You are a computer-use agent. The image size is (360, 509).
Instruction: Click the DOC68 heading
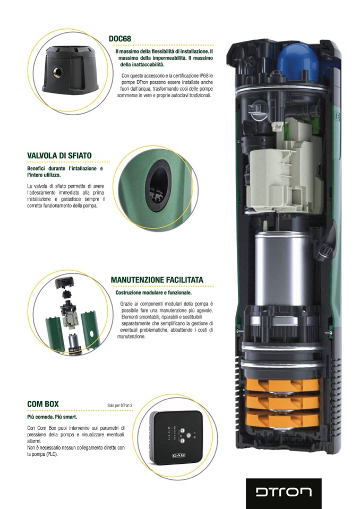click(120, 39)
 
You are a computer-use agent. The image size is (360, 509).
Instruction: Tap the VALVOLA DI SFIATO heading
click(59, 156)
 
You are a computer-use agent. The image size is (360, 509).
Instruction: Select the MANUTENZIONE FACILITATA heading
click(157, 280)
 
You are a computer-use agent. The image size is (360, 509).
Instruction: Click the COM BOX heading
click(43, 404)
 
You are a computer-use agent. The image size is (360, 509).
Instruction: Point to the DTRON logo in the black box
click(284, 492)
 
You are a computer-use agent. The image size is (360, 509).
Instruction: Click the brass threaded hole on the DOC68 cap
click(58, 72)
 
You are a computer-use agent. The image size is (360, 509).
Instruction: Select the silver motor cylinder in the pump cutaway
click(278, 269)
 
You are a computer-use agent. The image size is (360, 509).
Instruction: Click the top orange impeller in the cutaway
click(282, 385)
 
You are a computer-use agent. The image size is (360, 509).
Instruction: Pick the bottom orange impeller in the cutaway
click(282, 419)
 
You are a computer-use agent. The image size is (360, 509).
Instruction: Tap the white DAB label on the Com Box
click(178, 455)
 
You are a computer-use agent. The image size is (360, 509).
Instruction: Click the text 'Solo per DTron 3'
click(120, 406)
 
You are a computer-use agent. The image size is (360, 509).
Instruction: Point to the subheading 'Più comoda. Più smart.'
click(52, 417)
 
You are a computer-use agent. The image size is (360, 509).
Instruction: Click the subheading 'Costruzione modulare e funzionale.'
click(153, 293)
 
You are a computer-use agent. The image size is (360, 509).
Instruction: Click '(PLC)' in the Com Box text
click(52, 454)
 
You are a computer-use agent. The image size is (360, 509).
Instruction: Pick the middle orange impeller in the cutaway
click(282, 402)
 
